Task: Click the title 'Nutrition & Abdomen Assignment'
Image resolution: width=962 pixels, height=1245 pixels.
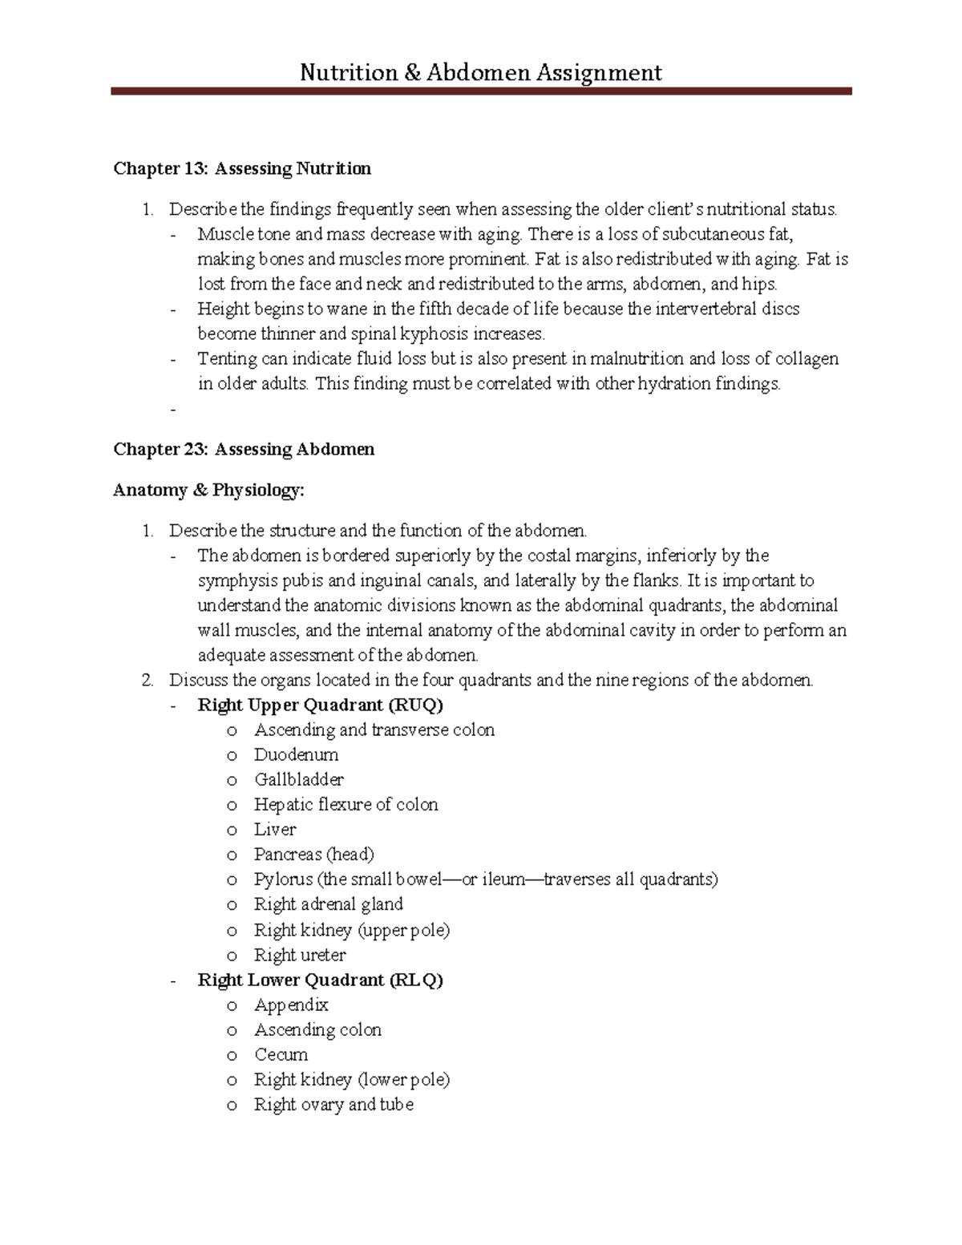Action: [x=481, y=73]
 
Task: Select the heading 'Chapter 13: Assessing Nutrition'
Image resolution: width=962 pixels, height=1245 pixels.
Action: [x=242, y=168]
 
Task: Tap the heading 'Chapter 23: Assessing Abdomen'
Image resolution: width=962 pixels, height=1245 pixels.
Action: [x=244, y=449]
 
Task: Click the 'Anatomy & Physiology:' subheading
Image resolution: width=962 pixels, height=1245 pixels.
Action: [x=208, y=490]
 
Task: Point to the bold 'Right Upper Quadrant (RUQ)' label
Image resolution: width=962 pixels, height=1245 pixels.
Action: [x=320, y=705]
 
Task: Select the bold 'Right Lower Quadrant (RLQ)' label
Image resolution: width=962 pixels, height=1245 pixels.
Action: [x=320, y=980]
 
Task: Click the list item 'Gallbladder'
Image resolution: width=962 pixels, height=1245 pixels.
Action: [x=298, y=779]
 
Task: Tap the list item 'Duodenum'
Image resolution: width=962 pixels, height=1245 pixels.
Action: [x=296, y=754]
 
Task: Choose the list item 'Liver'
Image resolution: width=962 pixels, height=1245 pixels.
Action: [x=275, y=829]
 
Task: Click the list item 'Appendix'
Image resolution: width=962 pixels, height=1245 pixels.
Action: [x=291, y=1004]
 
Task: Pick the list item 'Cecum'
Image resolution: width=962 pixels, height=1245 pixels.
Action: [x=281, y=1054]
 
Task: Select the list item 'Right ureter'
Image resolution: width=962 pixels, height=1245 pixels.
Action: [x=300, y=955]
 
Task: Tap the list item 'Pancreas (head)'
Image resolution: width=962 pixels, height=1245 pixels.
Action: [x=313, y=854]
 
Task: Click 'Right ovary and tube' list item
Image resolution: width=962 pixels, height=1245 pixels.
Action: [x=333, y=1104]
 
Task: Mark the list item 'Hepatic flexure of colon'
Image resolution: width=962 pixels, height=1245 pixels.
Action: [x=346, y=804]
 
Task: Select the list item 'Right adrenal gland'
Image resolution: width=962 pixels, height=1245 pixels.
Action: [x=328, y=904]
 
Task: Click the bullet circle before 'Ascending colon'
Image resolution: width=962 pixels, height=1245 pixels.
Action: [x=232, y=1031]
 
